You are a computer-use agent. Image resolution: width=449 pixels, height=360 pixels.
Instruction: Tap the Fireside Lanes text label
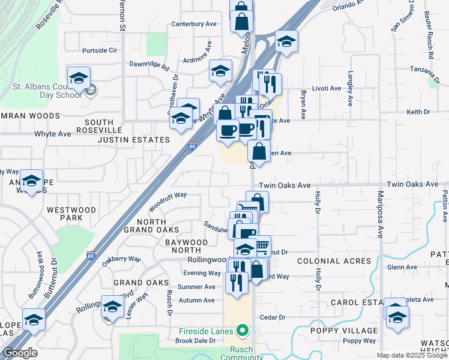click(208, 331)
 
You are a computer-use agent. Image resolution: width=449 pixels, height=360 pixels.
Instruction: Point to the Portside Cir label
click(99, 50)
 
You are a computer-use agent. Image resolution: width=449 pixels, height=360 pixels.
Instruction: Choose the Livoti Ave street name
click(327, 88)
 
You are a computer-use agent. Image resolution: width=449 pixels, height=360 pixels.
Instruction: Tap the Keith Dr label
click(415, 112)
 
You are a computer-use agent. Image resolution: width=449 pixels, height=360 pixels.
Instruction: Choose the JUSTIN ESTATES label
click(136, 140)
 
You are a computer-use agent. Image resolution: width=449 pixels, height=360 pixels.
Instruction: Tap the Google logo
click(19, 353)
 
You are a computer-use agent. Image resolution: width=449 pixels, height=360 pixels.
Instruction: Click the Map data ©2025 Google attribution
click(411, 355)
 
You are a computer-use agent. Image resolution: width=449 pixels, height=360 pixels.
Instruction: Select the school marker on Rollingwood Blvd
click(112, 307)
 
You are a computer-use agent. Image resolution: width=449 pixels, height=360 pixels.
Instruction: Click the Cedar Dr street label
click(271, 317)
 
